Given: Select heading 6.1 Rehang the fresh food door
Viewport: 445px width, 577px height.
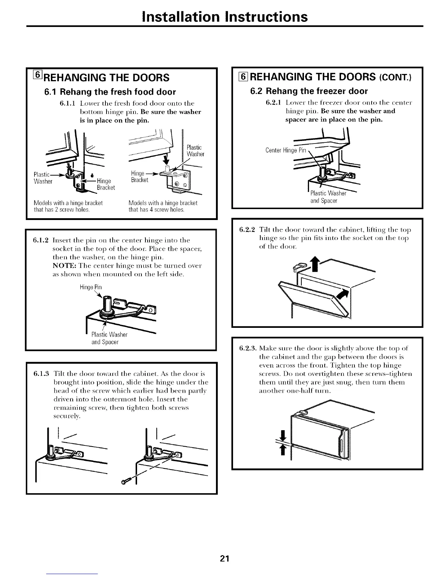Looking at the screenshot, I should [x=109, y=92].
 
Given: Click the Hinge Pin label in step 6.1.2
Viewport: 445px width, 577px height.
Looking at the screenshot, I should [x=91, y=287].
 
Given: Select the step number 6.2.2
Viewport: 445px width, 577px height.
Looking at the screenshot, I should [x=248, y=230].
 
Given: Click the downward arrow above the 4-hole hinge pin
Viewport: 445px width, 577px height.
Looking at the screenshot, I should [x=167, y=159].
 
